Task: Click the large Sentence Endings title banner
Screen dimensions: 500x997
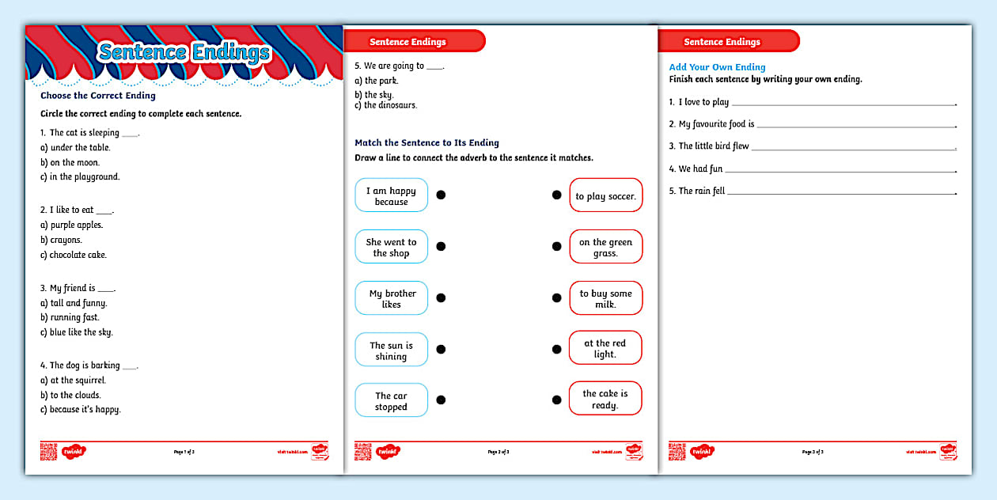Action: [184, 53]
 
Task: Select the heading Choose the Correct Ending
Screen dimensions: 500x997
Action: [98, 96]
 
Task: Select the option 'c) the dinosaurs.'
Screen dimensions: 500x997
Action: [385, 105]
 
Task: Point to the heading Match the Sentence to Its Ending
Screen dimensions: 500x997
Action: [426, 143]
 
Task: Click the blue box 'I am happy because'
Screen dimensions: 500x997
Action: [391, 195]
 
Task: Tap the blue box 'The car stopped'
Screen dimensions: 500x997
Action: [391, 401]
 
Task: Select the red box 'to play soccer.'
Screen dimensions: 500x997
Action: [605, 195]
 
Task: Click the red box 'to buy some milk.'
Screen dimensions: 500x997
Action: [605, 298]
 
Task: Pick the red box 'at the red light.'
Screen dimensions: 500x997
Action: [605, 348]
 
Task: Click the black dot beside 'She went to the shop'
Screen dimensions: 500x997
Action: [441, 246]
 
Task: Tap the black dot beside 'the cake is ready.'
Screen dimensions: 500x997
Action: [556, 399]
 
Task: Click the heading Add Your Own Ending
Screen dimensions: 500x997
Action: [717, 67]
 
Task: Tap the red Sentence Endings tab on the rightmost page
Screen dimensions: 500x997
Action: [722, 42]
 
